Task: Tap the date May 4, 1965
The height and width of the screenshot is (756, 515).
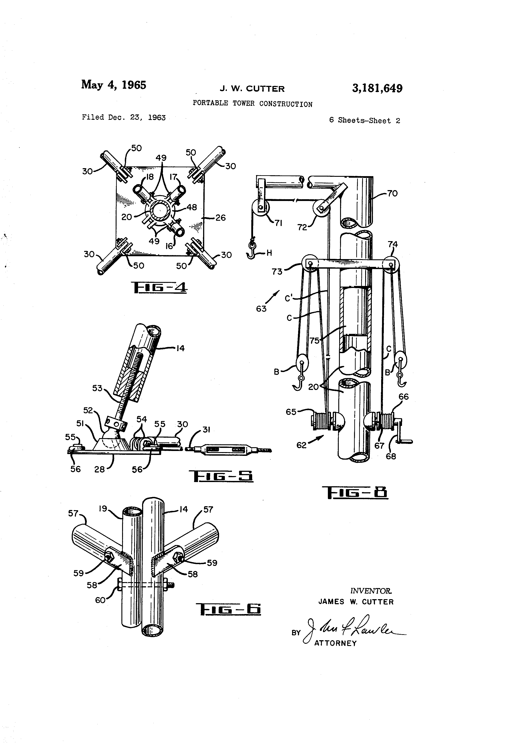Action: click(x=114, y=85)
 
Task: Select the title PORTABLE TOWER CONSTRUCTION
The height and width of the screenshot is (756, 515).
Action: click(x=252, y=104)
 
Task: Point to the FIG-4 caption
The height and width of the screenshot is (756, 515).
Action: click(x=159, y=287)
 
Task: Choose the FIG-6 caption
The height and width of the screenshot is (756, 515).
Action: click(x=230, y=609)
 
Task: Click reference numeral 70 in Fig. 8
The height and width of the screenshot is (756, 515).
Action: click(x=392, y=194)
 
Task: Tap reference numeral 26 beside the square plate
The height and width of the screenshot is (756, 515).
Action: click(x=220, y=218)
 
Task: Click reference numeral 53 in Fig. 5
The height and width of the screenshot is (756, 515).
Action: click(x=97, y=388)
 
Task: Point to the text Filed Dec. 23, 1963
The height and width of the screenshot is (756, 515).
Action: click(x=124, y=117)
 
